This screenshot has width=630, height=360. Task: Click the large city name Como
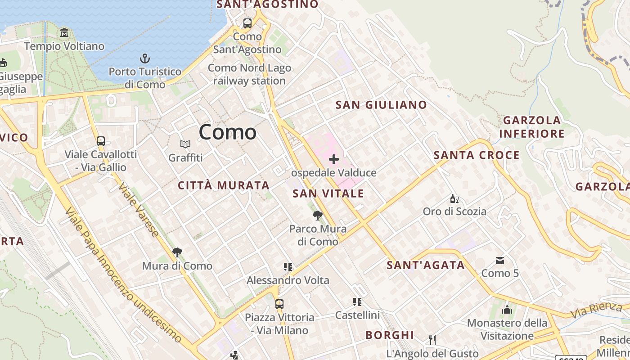coord(228,132)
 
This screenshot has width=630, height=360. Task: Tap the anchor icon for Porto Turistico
coord(145,58)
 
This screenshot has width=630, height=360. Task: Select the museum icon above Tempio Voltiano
coord(64,33)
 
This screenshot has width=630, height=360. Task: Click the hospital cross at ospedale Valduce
coord(333,159)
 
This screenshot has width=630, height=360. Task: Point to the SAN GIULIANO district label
coord(381,105)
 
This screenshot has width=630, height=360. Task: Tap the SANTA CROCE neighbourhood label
coord(477,155)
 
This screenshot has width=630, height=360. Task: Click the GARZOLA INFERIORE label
coord(532,127)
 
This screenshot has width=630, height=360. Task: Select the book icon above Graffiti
coord(185,144)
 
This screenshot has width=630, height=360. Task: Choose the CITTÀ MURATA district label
coord(224,185)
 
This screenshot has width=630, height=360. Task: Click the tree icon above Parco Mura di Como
coord(318,216)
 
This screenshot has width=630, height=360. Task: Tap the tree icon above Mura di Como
coord(177,252)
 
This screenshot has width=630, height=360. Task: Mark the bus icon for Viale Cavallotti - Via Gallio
coord(101,141)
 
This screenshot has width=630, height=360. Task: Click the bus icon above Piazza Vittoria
coord(279,304)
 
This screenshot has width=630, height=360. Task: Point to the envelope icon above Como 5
coord(500,260)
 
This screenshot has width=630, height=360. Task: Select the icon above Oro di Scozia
coord(454,198)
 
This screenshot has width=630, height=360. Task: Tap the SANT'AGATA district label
coord(426,265)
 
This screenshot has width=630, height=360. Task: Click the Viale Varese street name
coord(139,210)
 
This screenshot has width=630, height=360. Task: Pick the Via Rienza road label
coord(596,310)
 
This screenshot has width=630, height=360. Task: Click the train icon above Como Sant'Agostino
coord(247,23)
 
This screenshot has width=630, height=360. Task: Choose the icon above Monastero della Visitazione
coord(507,310)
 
